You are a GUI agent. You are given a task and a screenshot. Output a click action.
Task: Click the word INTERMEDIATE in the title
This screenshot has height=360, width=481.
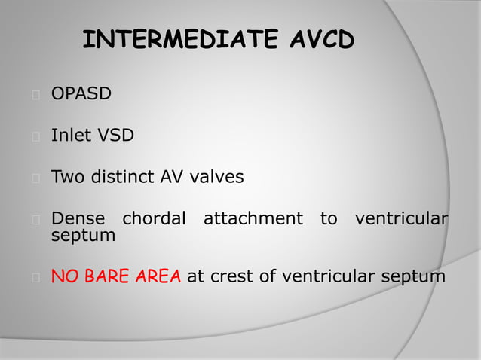click(x=182, y=40)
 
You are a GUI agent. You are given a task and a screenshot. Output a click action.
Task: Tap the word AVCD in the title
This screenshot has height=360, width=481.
click(x=323, y=40)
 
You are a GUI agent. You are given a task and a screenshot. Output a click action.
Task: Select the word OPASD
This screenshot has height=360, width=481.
click(x=81, y=94)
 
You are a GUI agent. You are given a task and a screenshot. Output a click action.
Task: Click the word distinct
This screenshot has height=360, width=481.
click(x=124, y=178)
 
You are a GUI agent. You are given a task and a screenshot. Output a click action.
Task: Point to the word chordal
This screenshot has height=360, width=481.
click(x=154, y=219)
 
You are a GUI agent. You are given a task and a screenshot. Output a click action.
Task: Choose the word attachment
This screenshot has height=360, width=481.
click(x=253, y=219)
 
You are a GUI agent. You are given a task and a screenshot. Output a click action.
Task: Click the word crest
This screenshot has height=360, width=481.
click(x=232, y=276)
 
